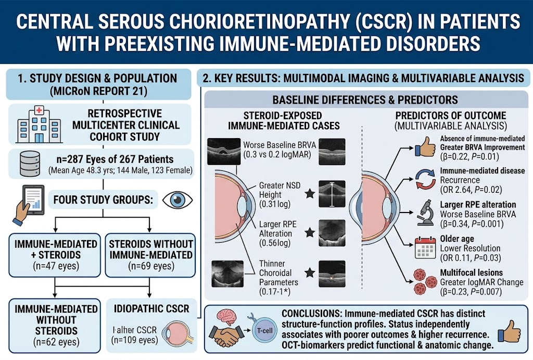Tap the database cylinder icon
(30, 164)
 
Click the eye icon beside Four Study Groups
(177, 200)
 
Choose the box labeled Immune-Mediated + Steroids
(55, 255)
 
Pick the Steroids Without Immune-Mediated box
(150, 255)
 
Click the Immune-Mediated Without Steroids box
(55, 326)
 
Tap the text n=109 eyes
(135, 340)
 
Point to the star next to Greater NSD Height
(310, 194)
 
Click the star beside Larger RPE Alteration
(310, 233)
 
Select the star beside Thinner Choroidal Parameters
(310, 272)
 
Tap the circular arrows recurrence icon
(425, 179)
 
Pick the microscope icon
(426, 213)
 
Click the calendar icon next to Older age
(425, 247)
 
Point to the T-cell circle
(265, 330)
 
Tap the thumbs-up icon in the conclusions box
(509, 331)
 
